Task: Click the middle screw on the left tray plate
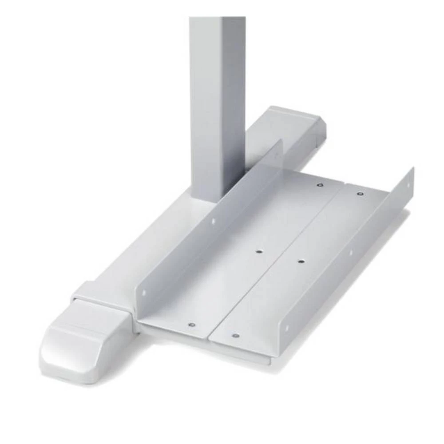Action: coord(259,252)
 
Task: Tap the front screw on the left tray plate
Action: coord(192,325)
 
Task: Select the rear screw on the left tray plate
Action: coord(320,184)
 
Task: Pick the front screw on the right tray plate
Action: coord(236,336)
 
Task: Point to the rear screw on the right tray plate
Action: coord(360,194)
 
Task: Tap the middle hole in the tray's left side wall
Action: coord(212,220)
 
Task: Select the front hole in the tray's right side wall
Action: coord(286,329)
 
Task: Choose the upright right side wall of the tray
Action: coord(351,258)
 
